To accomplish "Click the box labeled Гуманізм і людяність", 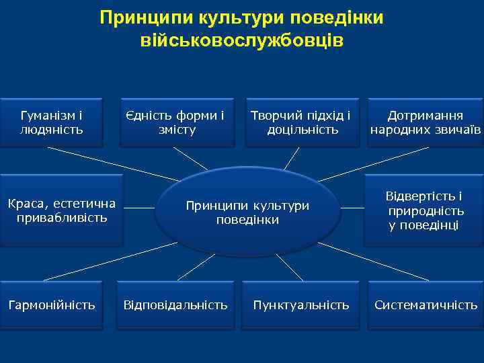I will pyautogui.click(x=52, y=122).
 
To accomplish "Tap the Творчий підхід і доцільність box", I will pyautogui.click(x=301, y=122).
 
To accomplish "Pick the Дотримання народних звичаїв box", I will pyautogui.click(x=425, y=122).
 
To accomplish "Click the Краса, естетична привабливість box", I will pyautogui.click(x=62, y=210).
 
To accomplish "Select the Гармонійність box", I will pyautogui.click(x=52, y=305).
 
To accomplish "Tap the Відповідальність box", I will pyautogui.click(x=175, y=305).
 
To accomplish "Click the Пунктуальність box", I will pyautogui.click(x=301, y=305).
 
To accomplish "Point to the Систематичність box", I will pyautogui.click(x=426, y=305).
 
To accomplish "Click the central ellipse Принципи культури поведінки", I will pyautogui.click(x=247, y=212).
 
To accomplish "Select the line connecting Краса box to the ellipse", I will pyautogui.click(x=139, y=208).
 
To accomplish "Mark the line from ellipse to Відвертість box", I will pyautogui.click(x=351, y=208).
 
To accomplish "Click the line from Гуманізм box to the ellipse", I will pyautogui.click(x=114, y=164).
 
